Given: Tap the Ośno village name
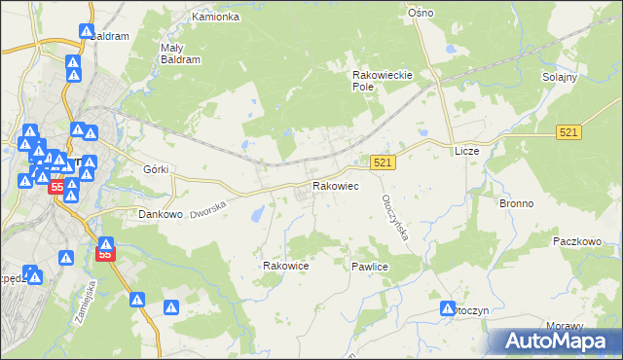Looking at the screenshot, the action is point(421,12).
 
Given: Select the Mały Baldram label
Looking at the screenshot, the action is point(180,53).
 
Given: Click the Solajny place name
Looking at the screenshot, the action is point(560,77).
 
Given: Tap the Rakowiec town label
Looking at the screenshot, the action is point(335,185).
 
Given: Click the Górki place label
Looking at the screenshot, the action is point(156,169).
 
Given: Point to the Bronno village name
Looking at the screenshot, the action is point(516,204).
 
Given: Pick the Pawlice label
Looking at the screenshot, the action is point(371,265).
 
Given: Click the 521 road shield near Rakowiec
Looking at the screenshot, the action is point(383,164).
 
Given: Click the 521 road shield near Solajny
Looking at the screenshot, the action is point(570,131).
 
